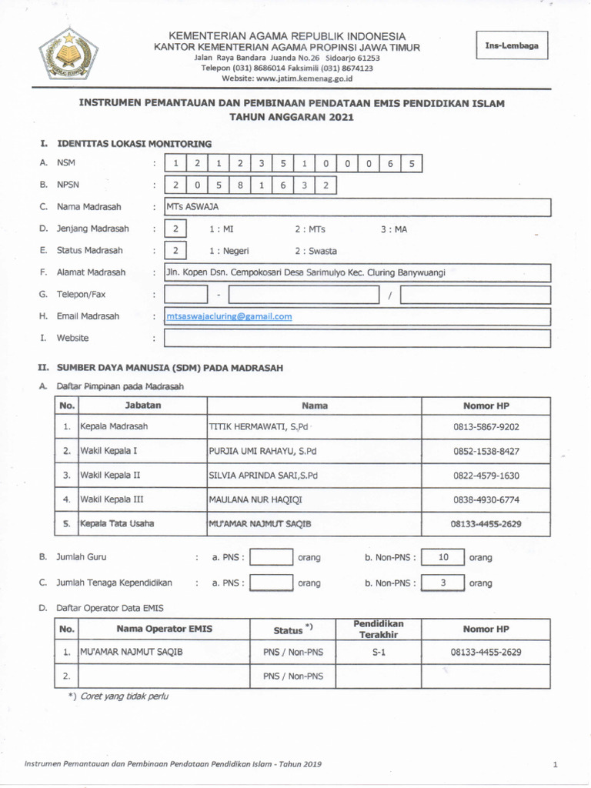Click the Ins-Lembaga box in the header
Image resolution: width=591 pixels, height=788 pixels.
(512, 46)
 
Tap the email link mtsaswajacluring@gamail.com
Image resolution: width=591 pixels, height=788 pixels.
(229, 316)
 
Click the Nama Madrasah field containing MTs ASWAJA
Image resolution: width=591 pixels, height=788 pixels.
(358, 207)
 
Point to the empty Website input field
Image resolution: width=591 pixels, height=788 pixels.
(358, 338)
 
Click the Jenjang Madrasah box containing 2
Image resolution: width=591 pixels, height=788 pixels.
(176, 229)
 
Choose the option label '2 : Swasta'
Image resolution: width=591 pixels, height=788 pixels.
(316, 251)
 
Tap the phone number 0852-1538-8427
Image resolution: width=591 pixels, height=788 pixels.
(486, 451)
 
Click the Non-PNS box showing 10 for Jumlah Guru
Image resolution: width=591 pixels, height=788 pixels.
(442, 557)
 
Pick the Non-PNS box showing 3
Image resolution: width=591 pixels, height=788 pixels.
(442, 583)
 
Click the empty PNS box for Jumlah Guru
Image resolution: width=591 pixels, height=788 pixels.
(272, 557)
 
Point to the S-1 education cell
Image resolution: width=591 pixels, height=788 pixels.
(378, 652)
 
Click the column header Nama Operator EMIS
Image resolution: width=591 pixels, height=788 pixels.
(164, 629)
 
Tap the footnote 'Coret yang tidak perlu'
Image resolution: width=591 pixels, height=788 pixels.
(124, 696)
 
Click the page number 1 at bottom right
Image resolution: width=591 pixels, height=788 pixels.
(554, 764)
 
